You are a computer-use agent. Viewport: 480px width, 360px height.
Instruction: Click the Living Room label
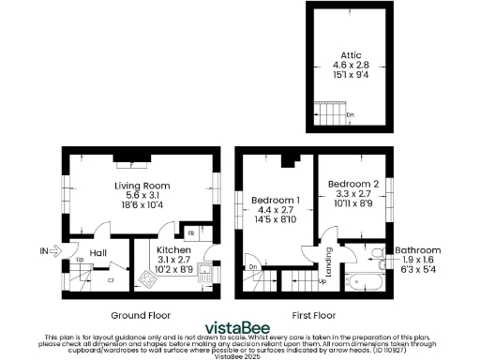pos(141,186)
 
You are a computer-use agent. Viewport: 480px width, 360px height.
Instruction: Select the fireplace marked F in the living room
pos(131,160)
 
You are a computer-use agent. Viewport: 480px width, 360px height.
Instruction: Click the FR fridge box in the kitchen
pos(190,232)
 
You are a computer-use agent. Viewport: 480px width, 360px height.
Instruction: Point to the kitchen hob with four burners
pos(147,278)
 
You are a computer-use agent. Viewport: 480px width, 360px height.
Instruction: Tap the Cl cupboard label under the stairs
pos(110,278)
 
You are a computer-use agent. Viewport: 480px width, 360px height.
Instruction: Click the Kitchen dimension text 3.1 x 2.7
pos(173,260)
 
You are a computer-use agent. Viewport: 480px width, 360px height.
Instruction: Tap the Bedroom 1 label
pos(275,200)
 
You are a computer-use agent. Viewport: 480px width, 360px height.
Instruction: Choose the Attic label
pos(352,56)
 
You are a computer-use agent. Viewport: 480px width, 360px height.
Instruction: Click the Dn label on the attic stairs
pos(350,115)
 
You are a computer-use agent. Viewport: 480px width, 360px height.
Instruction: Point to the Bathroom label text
pos(417,250)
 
